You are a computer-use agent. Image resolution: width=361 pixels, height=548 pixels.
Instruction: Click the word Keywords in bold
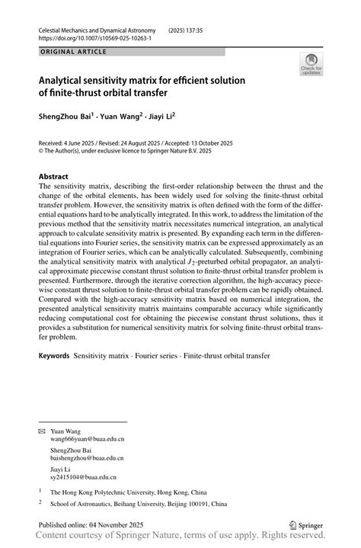point(54,355)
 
